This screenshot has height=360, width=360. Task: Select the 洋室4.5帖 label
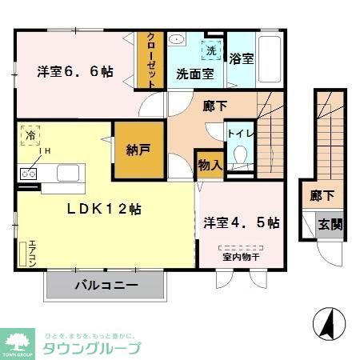pyautogui.click(x=241, y=222)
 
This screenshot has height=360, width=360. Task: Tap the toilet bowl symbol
pyautogui.click(x=238, y=157)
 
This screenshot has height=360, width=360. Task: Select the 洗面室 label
pyautogui.click(x=194, y=74)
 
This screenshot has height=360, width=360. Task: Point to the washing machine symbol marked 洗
pyautogui.click(x=211, y=50)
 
